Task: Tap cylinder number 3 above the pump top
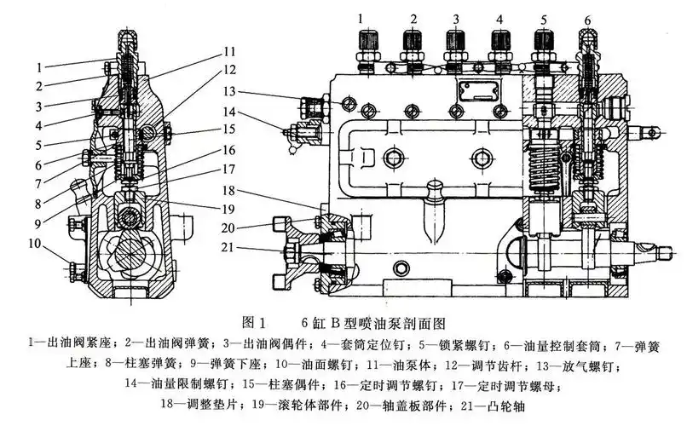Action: coord(456,17)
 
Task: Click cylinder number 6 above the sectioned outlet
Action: coord(586,19)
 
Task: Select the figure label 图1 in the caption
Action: coord(255,323)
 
